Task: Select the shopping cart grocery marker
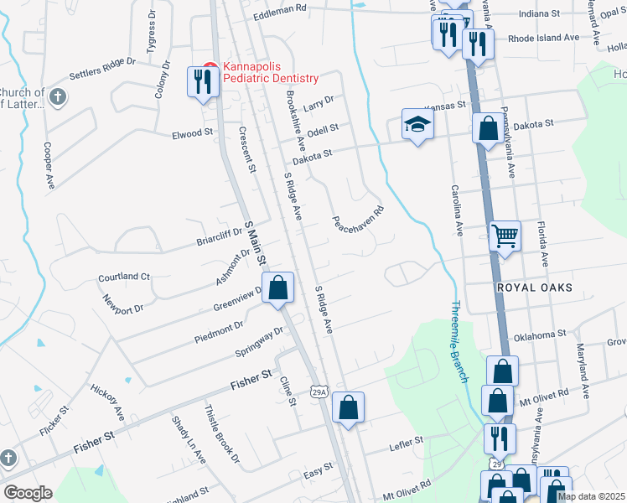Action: point(505,236)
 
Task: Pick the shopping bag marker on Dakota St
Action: point(488,129)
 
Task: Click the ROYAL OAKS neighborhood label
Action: point(534,288)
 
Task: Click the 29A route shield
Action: point(318,391)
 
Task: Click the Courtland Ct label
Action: point(123,276)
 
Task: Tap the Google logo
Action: point(28,493)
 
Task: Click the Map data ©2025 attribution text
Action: point(590,496)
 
